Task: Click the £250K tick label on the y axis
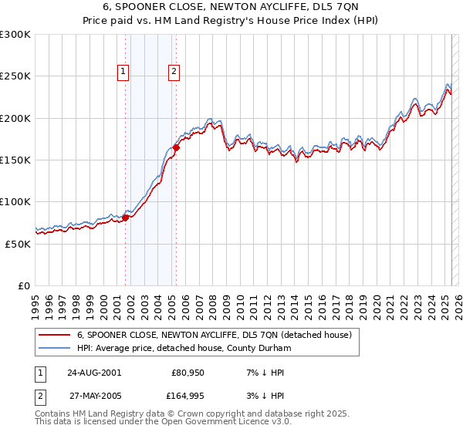click(x=15, y=76)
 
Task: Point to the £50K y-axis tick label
click(x=18, y=244)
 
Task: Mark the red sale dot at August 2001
click(x=126, y=218)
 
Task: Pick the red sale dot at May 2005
click(x=177, y=147)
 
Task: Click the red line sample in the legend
click(x=55, y=335)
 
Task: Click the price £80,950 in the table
click(x=188, y=372)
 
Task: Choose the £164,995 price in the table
click(x=186, y=397)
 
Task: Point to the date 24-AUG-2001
click(x=94, y=372)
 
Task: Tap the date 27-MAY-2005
click(x=94, y=397)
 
